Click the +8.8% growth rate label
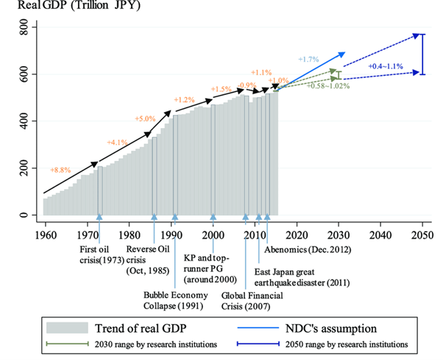pos(60,169)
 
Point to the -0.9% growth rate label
pos(247,86)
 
